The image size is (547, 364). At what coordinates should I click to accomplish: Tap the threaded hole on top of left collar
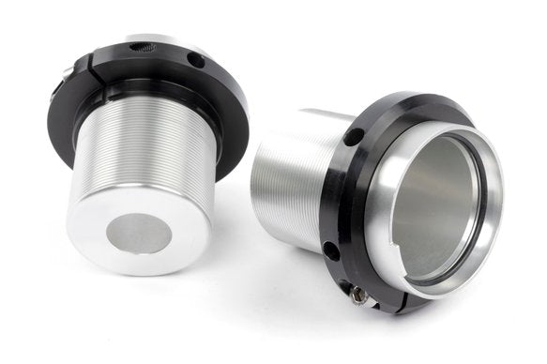(144, 46)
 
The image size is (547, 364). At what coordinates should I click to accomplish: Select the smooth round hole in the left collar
(195, 60)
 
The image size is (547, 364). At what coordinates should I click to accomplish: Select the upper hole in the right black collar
(353, 137)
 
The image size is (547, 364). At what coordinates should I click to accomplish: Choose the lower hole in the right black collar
(329, 250)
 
